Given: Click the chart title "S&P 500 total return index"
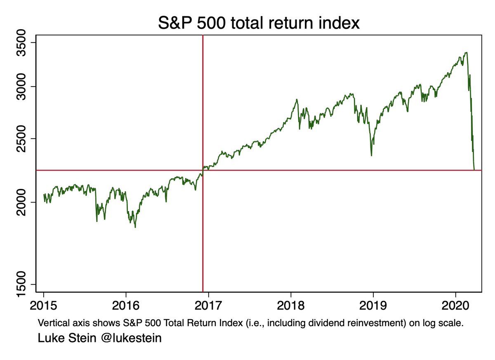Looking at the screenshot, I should (x=259, y=23).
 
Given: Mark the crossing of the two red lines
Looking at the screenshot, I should (x=203, y=170).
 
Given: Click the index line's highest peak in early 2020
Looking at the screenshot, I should (x=466, y=52).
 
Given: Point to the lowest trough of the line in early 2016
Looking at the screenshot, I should (x=135, y=227).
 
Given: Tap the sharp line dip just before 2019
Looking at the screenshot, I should (x=372, y=155).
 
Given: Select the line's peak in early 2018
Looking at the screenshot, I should (x=297, y=99).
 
